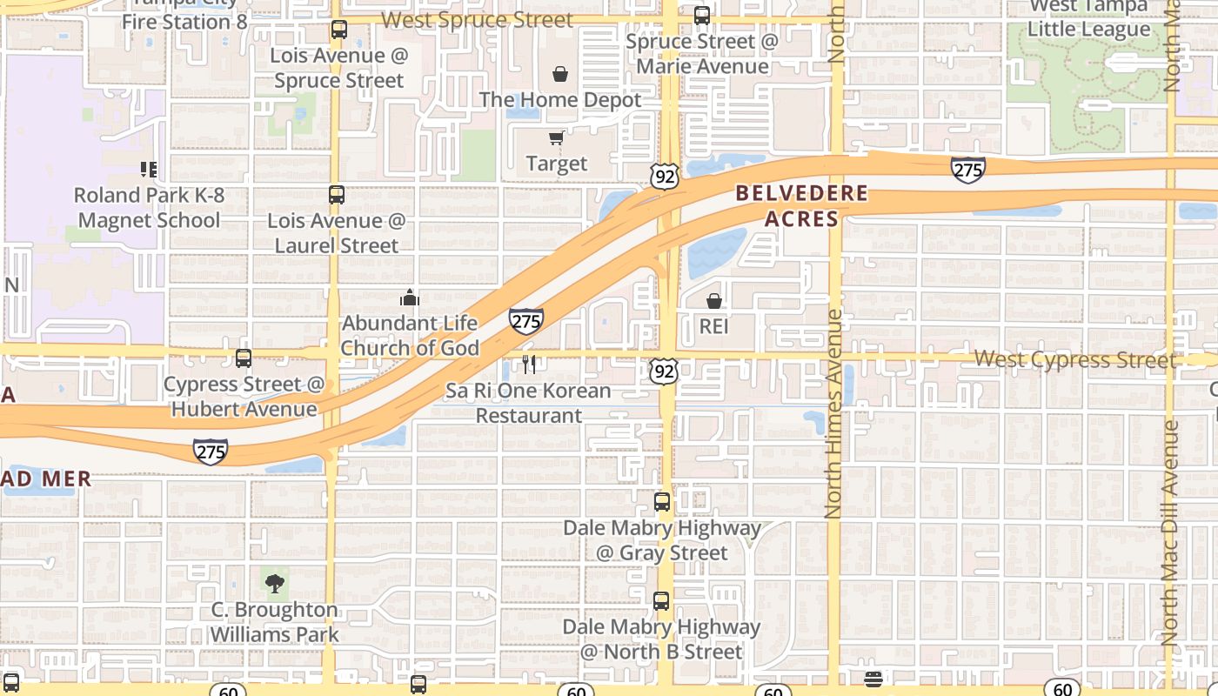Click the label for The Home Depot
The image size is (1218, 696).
click(x=560, y=100)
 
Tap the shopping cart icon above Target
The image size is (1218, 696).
click(x=556, y=138)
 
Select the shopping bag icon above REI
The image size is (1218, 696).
click(x=713, y=301)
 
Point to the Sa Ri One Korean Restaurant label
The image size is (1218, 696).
click(x=529, y=404)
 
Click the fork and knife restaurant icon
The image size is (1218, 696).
click(x=529, y=364)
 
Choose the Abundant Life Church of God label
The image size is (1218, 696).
click(x=410, y=336)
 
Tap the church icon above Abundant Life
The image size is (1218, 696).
click(x=410, y=298)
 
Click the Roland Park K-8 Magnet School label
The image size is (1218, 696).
click(x=149, y=208)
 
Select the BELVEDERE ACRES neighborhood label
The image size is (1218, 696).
click(x=802, y=206)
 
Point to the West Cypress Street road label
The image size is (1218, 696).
click(x=1074, y=359)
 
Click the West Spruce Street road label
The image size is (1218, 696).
click(x=478, y=20)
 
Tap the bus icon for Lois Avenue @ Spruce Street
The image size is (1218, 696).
click(x=339, y=30)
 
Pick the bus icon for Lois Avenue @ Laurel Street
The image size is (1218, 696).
click(x=337, y=195)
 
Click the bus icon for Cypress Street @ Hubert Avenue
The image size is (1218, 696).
click(x=244, y=358)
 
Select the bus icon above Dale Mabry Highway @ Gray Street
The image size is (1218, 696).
click(x=662, y=501)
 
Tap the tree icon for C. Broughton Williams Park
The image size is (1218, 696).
click(x=275, y=582)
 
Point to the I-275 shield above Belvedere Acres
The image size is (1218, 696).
click(x=967, y=169)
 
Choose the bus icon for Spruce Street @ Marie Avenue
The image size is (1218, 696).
click(x=702, y=16)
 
